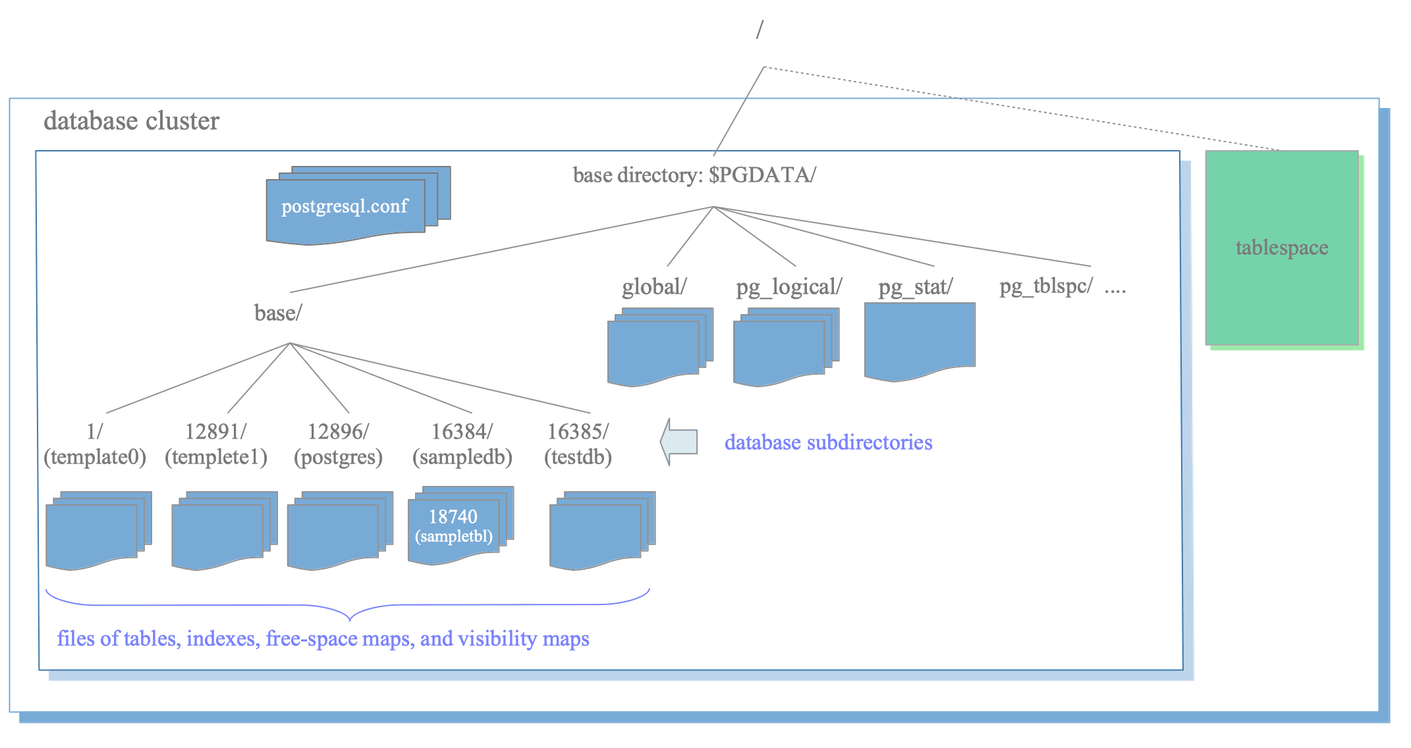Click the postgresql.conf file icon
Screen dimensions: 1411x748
click(358, 205)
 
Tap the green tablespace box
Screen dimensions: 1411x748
click(1282, 248)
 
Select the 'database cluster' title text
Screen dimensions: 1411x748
click(131, 121)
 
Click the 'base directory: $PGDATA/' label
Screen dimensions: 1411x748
click(694, 175)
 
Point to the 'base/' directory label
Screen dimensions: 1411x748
click(278, 313)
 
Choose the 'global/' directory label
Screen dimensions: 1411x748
click(654, 287)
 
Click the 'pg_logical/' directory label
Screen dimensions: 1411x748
click(789, 287)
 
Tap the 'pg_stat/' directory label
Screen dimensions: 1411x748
click(916, 287)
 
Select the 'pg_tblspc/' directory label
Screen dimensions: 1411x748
click(1046, 286)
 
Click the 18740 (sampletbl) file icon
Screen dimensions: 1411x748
click(460, 525)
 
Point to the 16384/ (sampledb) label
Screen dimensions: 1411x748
click(462, 444)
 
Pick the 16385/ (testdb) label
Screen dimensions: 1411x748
click(578, 444)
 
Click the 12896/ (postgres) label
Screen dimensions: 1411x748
click(338, 444)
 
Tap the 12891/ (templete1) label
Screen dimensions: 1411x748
click(216, 444)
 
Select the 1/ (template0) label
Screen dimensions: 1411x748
click(95, 444)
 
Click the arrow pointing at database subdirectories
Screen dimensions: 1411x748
click(678, 442)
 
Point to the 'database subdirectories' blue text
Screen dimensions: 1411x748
click(828, 442)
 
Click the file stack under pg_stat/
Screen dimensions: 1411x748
click(920, 342)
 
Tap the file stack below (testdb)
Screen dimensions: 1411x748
click(602, 531)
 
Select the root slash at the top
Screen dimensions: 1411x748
click(760, 30)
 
